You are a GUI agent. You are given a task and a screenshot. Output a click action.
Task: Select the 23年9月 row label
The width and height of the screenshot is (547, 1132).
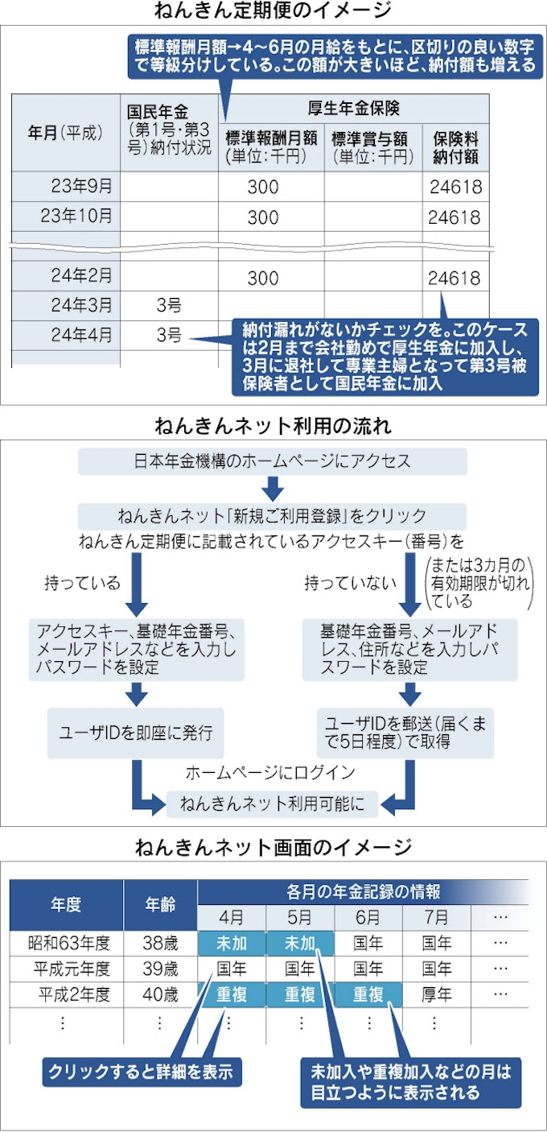81,187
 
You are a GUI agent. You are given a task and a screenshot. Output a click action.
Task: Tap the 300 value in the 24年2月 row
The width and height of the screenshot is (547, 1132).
263,279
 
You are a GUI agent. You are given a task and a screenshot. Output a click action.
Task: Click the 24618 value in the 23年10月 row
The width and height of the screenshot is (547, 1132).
454,217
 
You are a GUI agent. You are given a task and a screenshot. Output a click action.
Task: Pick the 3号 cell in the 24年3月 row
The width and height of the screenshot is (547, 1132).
168,306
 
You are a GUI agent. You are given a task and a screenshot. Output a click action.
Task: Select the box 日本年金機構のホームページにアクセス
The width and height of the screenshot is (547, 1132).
272,461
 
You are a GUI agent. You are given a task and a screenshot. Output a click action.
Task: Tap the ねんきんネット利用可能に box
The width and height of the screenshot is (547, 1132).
273,803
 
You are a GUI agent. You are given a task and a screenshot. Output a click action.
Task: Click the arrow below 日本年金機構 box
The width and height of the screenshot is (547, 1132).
272,488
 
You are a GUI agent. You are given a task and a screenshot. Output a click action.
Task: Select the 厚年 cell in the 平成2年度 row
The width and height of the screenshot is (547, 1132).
438,994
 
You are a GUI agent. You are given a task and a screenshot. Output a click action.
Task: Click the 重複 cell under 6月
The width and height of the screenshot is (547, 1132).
368,994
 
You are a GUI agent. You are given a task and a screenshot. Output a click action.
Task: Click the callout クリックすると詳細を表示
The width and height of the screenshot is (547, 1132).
141,1072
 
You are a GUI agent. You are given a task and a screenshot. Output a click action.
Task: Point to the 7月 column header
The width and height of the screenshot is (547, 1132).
438,917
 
